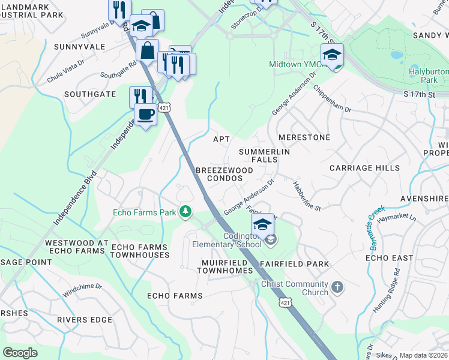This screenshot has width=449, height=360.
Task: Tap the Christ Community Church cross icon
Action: (337, 287)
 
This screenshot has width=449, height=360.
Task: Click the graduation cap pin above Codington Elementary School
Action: (262, 224)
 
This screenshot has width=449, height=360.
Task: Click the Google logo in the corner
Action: (20, 352)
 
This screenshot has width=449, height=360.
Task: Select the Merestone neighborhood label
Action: (304, 137)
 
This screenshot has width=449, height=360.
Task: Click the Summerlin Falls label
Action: (264, 157)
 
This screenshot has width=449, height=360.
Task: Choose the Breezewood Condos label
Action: (224, 174)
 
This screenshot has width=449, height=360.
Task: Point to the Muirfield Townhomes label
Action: (225, 267)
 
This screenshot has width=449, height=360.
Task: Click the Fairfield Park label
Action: (294, 264)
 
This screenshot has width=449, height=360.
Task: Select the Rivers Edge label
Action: (85, 320)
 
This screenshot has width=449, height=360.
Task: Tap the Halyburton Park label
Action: (429, 75)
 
